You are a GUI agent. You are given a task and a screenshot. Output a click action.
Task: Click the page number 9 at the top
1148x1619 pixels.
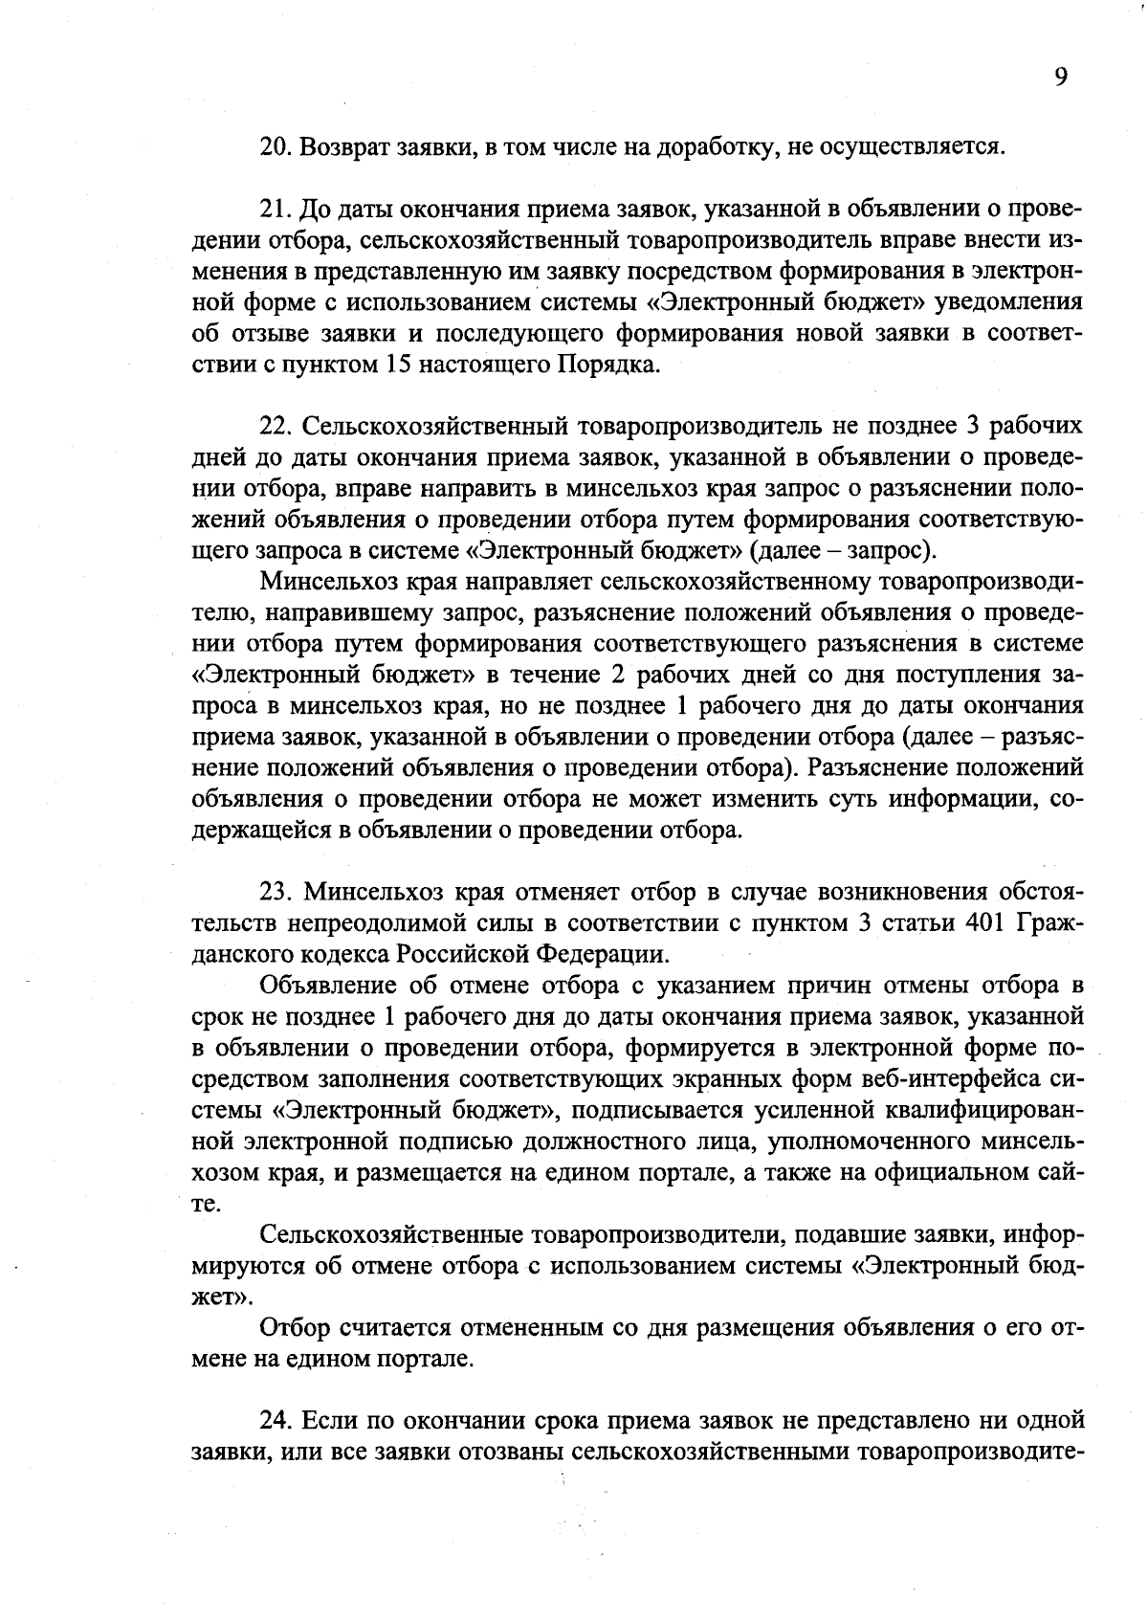click(1061, 78)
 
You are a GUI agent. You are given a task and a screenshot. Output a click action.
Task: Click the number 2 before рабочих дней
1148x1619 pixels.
click(617, 676)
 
